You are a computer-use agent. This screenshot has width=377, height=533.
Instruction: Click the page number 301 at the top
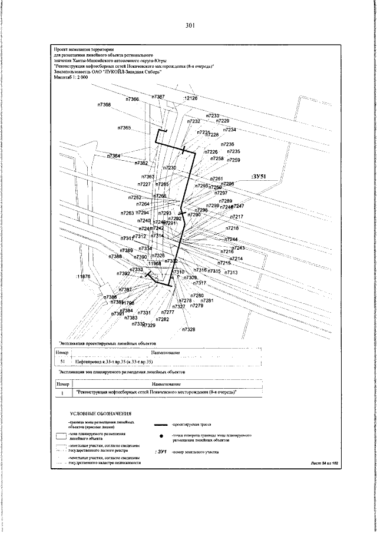(189, 25)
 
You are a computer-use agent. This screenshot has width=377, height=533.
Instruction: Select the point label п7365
(124, 128)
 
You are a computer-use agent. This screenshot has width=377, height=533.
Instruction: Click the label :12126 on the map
(190, 98)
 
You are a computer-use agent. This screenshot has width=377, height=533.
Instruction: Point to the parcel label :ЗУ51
(259, 176)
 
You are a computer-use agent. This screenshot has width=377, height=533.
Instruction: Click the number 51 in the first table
(62, 361)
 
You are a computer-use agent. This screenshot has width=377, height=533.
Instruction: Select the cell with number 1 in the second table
(62, 392)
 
